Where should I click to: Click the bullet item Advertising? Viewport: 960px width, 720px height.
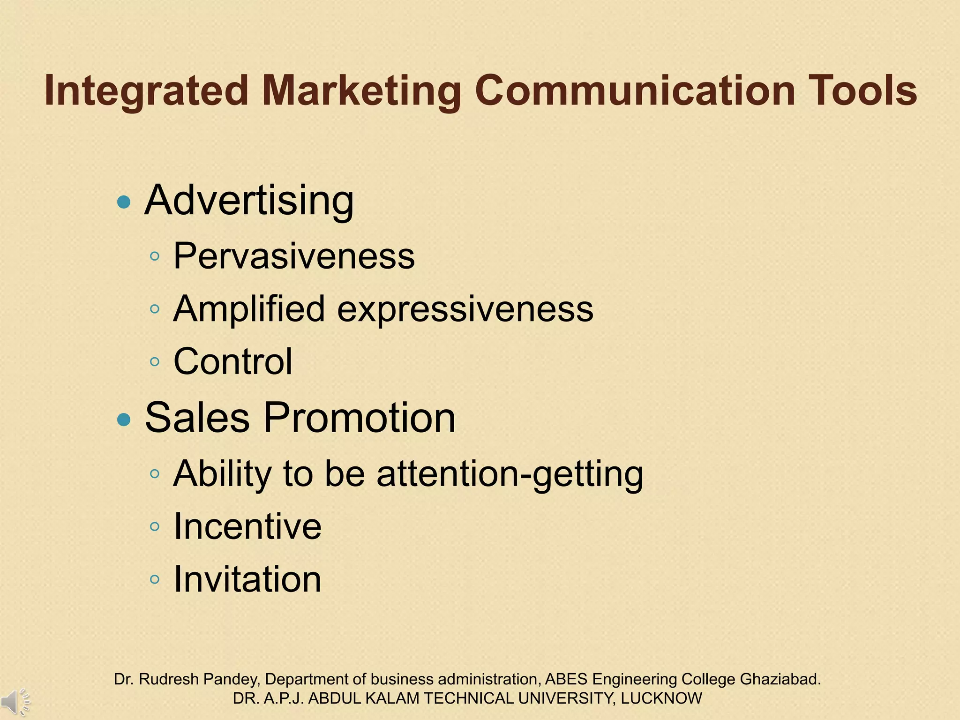click(249, 201)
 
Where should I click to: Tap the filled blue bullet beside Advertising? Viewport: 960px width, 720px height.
click(124, 202)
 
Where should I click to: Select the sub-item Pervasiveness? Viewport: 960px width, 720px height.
click(294, 256)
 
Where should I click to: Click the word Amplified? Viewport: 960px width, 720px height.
click(249, 309)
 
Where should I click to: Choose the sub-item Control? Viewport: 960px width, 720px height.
click(233, 361)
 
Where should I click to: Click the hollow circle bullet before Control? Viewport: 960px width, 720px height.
click(155, 361)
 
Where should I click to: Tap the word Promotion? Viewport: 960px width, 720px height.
click(359, 418)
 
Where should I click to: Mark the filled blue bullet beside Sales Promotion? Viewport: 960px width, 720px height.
click(124, 419)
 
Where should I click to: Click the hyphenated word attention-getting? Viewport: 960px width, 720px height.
click(510, 474)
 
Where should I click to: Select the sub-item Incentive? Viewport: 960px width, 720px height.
click(247, 526)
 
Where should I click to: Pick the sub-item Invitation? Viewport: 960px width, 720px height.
click(247, 579)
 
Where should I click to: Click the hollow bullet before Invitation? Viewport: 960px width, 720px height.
click(155, 579)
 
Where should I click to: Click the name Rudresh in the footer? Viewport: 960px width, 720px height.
click(169, 679)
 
